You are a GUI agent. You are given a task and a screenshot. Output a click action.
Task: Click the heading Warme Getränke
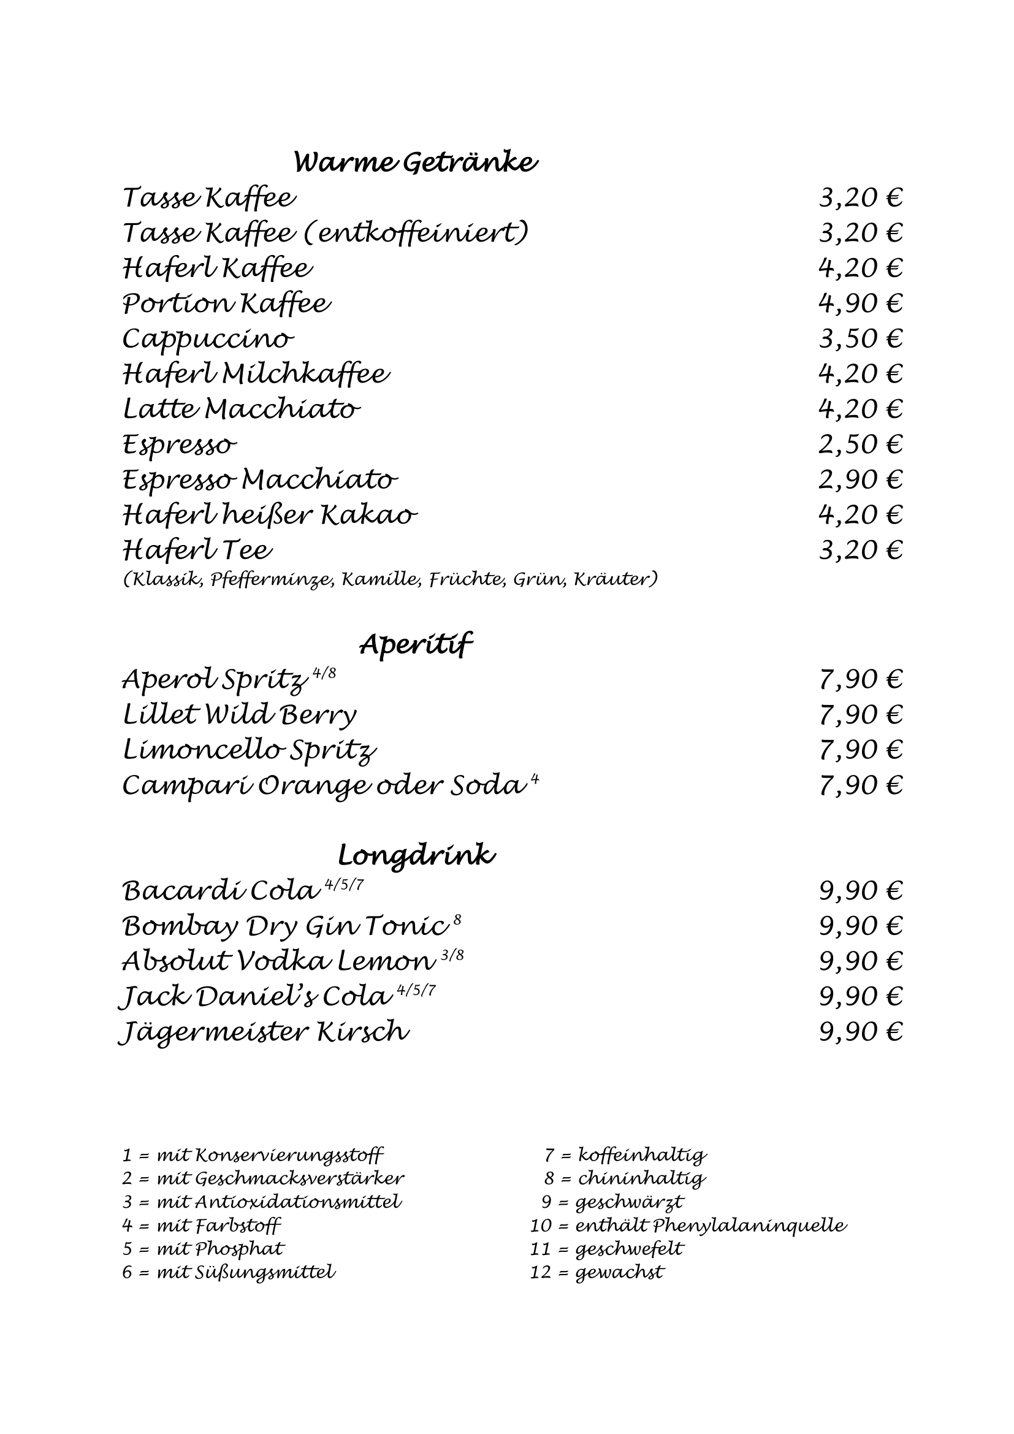click(415, 163)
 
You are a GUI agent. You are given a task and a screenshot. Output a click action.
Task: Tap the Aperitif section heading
click(415, 644)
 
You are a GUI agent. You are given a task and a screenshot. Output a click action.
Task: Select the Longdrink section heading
click(416, 855)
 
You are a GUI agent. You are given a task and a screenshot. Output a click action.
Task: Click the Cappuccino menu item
click(207, 340)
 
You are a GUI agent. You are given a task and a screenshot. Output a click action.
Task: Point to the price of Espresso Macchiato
click(860, 479)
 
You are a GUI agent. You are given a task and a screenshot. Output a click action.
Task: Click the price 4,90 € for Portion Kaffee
click(860, 303)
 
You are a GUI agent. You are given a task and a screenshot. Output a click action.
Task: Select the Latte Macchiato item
click(242, 410)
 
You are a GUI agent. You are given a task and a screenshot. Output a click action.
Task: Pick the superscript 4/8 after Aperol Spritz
click(324, 673)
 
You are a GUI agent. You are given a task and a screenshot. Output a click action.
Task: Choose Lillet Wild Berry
click(240, 714)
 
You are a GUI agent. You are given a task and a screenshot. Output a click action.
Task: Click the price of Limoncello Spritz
click(860, 749)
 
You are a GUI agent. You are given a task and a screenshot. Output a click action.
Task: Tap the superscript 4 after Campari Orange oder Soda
click(535, 779)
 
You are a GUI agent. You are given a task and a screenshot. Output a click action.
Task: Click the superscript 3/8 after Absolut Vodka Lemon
click(452, 956)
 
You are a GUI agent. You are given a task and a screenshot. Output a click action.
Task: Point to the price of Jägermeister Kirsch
click(860, 1032)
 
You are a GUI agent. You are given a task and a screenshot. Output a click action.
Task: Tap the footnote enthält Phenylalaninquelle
click(711, 1225)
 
